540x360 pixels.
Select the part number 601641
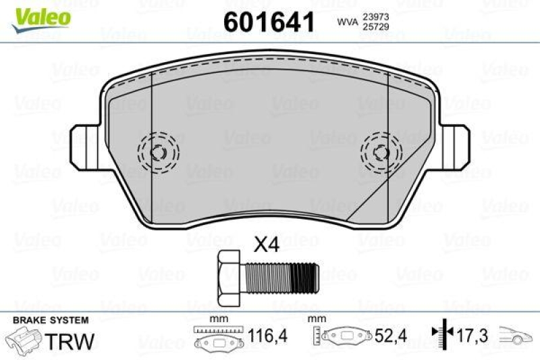(269, 22)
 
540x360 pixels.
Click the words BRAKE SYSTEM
(51, 319)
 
